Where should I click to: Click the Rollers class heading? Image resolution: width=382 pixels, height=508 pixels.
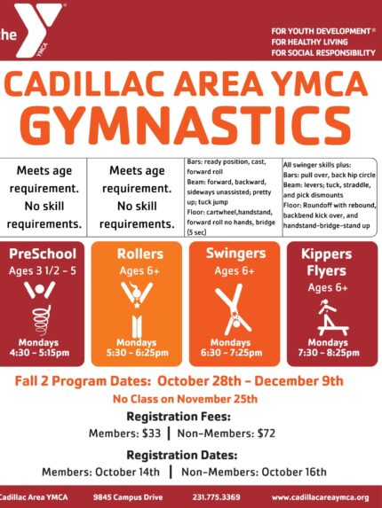point(140,254)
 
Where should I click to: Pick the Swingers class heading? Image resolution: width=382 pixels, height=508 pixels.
point(235,254)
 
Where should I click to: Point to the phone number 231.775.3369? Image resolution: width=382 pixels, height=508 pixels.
point(216,497)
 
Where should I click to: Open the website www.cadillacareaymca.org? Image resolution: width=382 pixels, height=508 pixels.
point(321,497)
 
